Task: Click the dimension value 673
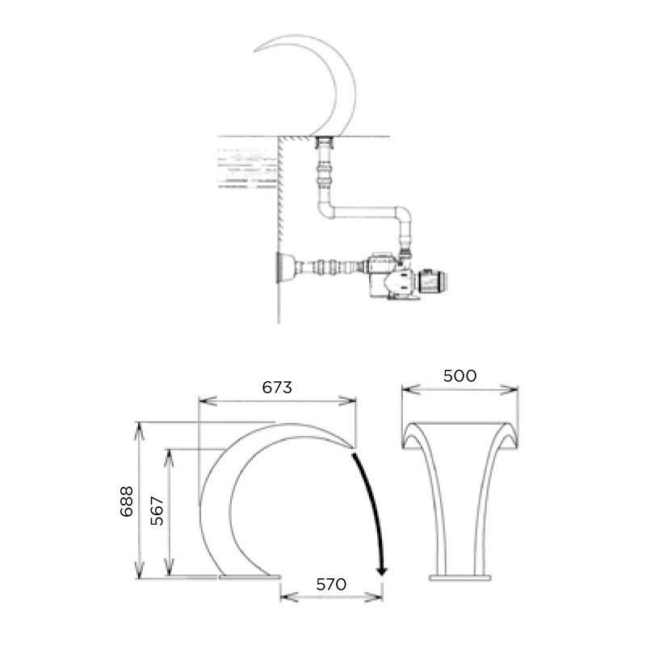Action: [x=277, y=388]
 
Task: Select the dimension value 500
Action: [x=459, y=375]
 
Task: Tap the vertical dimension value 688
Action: [x=127, y=501]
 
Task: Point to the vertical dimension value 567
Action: [x=157, y=511]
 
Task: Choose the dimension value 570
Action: [x=331, y=584]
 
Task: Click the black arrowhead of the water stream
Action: [x=382, y=571]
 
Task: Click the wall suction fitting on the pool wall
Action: [x=287, y=268]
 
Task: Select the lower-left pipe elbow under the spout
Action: [x=326, y=210]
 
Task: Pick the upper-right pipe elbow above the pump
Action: [x=403, y=214]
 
